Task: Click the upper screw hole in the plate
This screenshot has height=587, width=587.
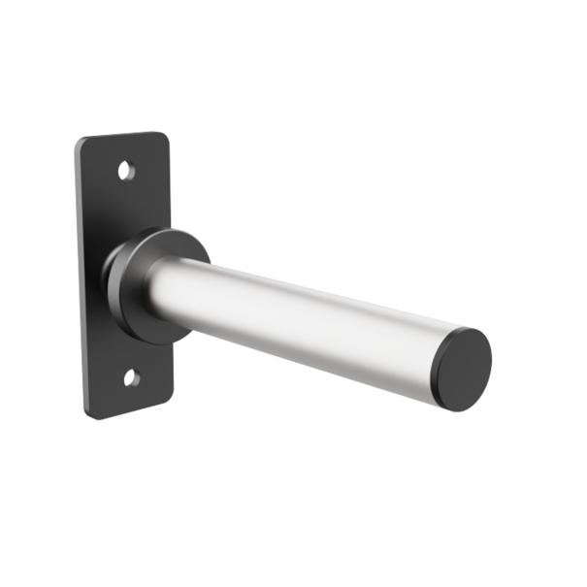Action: (x=125, y=171)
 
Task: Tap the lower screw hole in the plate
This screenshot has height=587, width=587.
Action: (x=131, y=377)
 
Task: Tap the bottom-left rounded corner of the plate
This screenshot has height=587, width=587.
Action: (x=90, y=412)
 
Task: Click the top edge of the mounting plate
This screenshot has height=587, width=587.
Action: (x=121, y=136)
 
